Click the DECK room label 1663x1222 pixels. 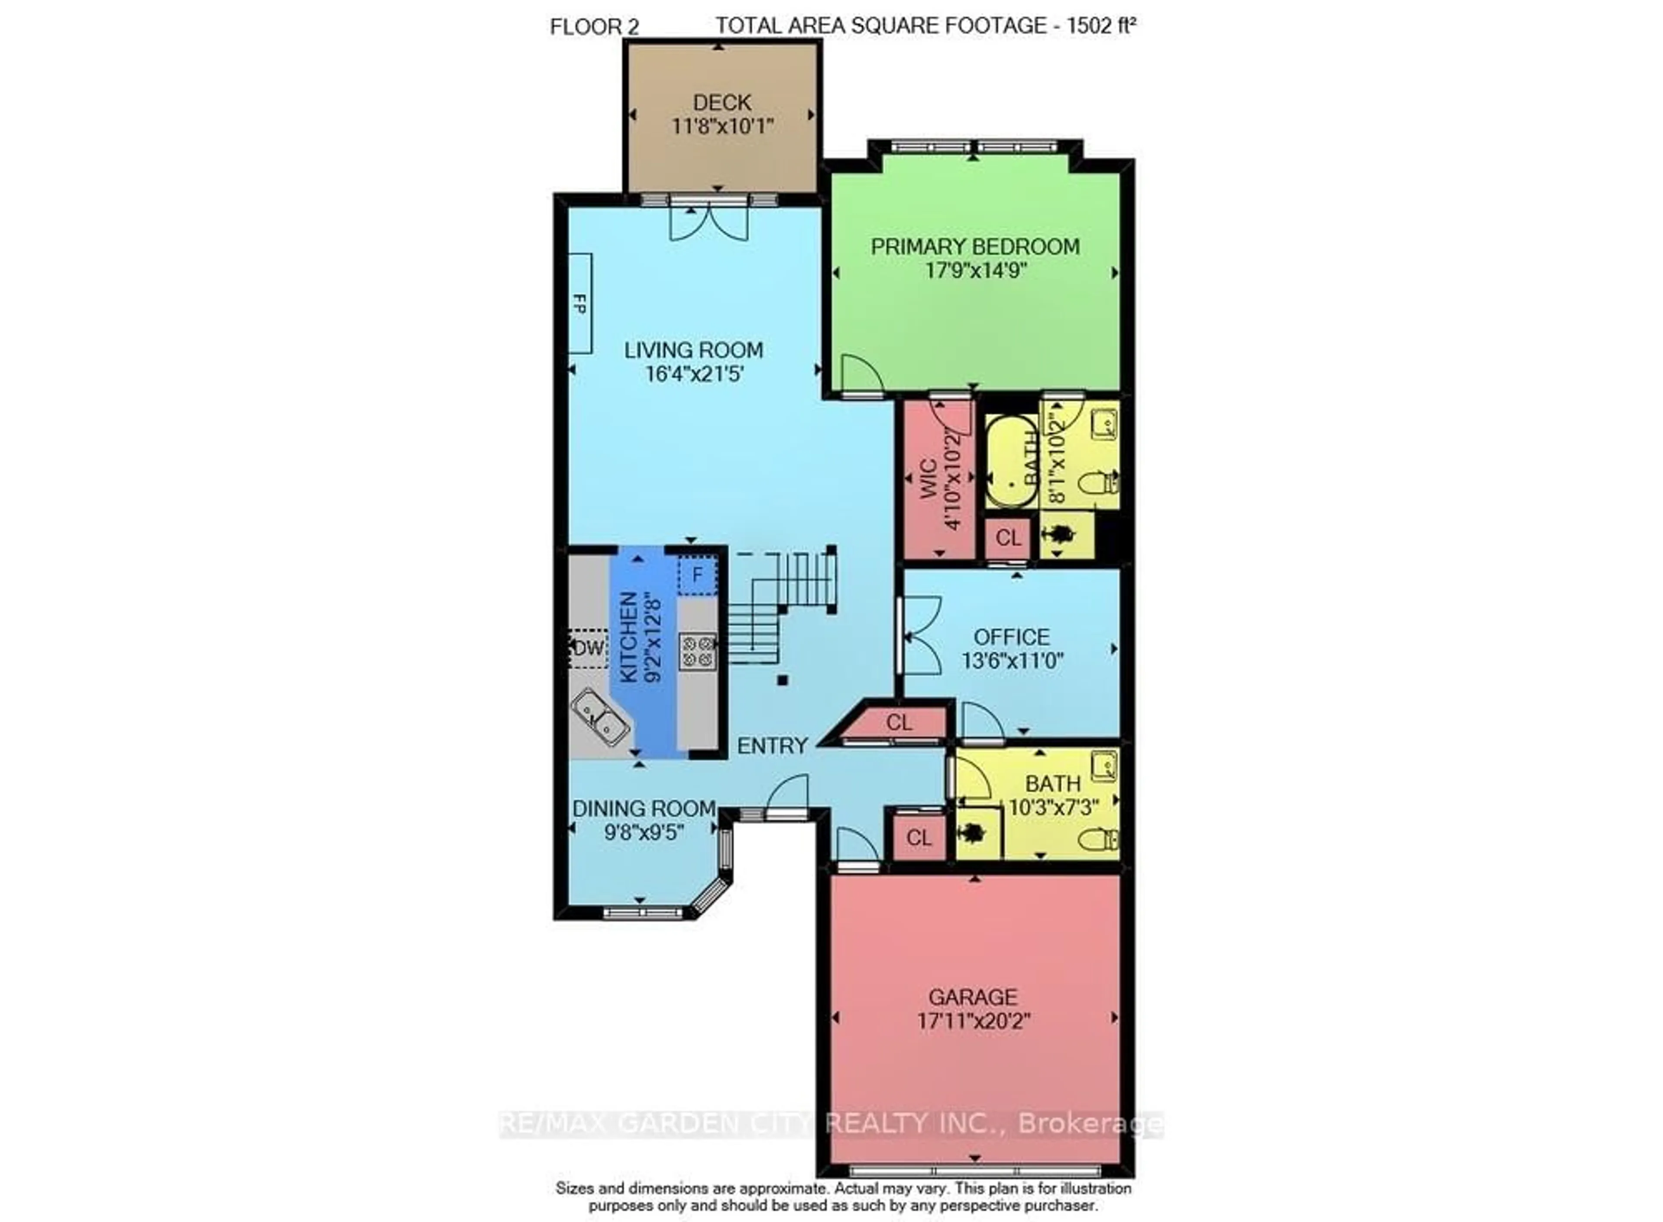tap(721, 102)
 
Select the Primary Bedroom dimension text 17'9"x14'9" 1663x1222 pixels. tap(974, 271)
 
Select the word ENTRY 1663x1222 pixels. tap(772, 746)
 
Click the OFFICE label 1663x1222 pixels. tap(1011, 637)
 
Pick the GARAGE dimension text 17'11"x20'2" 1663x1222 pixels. tap(974, 1022)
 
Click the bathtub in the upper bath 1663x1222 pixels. tap(1011, 462)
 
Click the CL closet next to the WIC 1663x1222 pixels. tap(1008, 538)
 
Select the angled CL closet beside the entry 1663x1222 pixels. tap(899, 723)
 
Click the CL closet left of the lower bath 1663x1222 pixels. tap(919, 837)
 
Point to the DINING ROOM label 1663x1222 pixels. tap(644, 808)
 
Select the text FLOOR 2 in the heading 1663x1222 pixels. tap(594, 27)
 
